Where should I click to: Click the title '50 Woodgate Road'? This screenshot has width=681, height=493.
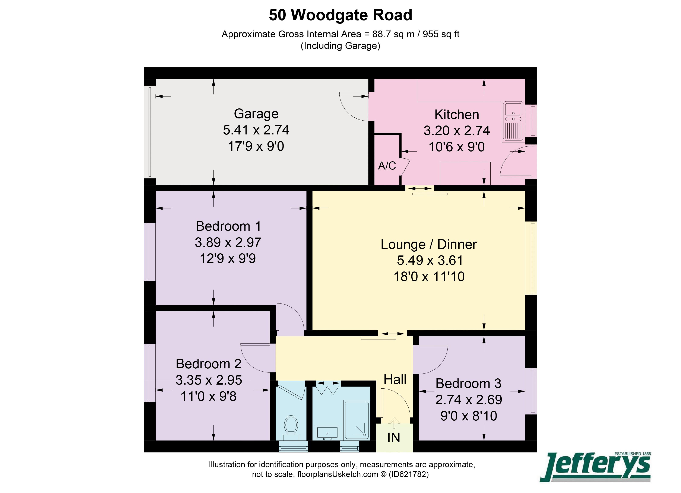pos(340,15)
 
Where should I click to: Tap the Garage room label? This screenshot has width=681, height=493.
pos(256,114)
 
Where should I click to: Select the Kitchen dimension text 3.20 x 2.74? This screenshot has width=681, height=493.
pos(456,131)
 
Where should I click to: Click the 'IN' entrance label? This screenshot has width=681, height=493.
pos(394,438)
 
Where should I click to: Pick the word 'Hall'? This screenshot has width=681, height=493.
pos(395,379)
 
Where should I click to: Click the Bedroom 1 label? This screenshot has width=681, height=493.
pos(228,226)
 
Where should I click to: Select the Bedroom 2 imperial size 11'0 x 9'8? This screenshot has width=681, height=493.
pos(208,396)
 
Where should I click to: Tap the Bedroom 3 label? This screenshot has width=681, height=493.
pos(468,384)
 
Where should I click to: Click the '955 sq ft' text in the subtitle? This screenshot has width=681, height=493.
pos(441,34)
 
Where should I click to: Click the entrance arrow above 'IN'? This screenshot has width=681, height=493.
pos(394,422)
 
